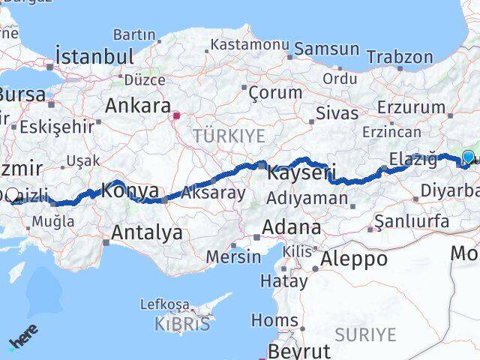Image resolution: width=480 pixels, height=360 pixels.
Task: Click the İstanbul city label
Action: tap(94, 56)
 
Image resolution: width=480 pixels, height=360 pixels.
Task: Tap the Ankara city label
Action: tap(138, 106)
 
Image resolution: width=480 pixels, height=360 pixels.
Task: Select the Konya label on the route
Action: tap(129, 190)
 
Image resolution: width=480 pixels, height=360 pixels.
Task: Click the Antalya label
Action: tap(146, 232)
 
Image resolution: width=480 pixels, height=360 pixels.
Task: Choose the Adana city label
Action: tap(291, 226)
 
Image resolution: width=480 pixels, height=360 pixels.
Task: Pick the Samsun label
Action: tap(327, 49)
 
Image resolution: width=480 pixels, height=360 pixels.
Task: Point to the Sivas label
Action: tap(332, 114)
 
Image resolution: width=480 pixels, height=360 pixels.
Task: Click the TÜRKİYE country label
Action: tap(229, 136)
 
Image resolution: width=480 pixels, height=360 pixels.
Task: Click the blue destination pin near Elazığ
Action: tap(469, 157)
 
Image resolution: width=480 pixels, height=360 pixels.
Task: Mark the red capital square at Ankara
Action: tap(177, 116)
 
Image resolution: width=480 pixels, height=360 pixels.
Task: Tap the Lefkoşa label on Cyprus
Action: tap(165, 304)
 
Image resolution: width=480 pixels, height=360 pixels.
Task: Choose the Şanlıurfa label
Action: tap(412, 221)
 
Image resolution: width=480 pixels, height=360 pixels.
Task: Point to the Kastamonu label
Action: tap(249, 45)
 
